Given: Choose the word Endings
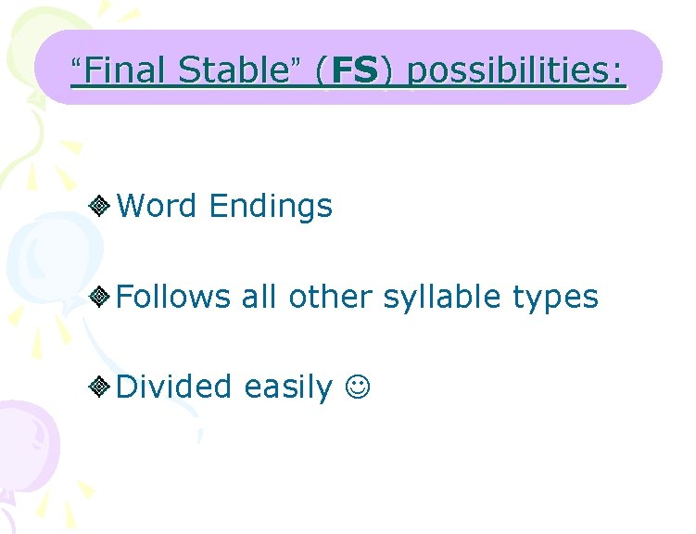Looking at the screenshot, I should [x=271, y=206].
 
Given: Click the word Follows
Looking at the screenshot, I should [x=173, y=297].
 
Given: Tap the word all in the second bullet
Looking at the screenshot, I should [x=259, y=297].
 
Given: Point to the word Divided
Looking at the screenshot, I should [x=174, y=386].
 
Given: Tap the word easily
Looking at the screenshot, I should [x=287, y=387].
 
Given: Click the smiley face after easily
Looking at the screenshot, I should [x=358, y=387].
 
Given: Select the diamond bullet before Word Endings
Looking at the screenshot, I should [x=102, y=206].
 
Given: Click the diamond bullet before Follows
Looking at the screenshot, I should [x=102, y=298].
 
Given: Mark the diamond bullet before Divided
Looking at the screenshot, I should [x=102, y=387].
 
